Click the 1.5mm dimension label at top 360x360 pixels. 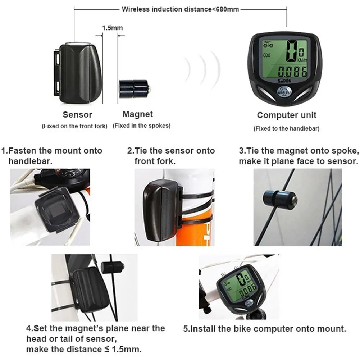coord(112,28)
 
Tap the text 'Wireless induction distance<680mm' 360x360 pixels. coord(180,9)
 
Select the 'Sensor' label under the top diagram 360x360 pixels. coord(77,115)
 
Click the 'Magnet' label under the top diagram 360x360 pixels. coord(138,114)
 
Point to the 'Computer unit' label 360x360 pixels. coord(287,115)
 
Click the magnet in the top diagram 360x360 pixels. coord(134,88)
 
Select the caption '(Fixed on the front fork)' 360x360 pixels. coord(74,126)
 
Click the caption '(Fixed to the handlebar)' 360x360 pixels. coord(286,128)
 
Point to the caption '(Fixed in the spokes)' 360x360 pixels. coord(141,126)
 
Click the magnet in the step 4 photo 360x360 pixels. coord(113,266)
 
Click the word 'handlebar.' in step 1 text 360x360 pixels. coord(30,161)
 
